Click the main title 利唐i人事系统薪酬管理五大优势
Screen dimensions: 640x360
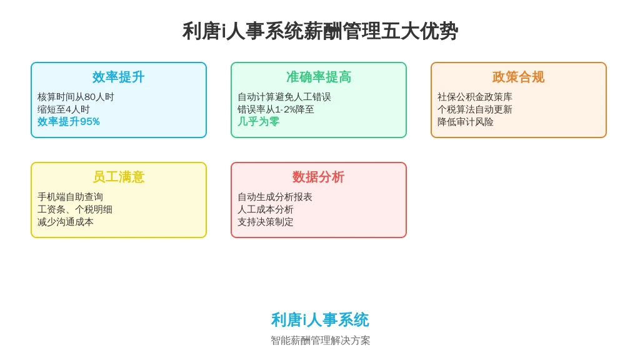click(320, 31)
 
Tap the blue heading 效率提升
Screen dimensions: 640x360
click(118, 77)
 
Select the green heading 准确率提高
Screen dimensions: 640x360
click(318, 77)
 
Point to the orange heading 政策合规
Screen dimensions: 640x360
click(518, 77)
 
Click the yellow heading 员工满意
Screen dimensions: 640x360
click(118, 177)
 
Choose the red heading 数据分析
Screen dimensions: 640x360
click(318, 177)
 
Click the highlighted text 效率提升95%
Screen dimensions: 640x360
click(69, 122)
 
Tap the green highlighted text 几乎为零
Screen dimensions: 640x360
click(258, 122)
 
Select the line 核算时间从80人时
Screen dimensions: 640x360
click(76, 97)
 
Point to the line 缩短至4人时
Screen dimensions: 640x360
click(63, 109)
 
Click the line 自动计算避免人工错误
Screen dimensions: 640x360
click(284, 97)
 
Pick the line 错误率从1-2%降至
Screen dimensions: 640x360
click(276, 109)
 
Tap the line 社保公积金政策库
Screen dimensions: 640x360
click(475, 97)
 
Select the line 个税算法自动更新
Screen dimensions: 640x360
click(475, 109)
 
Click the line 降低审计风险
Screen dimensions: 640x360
click(465, 122)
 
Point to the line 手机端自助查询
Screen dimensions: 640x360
click(70, 197)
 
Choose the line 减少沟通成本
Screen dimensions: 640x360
click(65, 222)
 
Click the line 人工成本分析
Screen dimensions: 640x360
click(265, 209)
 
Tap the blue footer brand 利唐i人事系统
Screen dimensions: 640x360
click(320, 319)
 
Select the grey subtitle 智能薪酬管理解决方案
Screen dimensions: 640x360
click(320, 341)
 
